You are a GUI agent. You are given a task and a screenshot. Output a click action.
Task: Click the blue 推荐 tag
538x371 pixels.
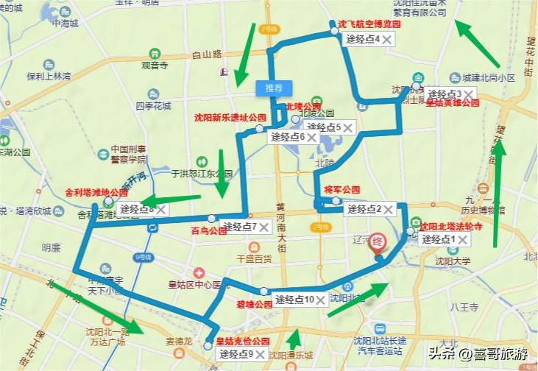point(274,88)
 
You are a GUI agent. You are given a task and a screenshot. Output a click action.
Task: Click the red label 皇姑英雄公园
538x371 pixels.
point(453,104)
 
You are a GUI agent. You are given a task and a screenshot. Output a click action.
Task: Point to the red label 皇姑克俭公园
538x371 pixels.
point(243,342)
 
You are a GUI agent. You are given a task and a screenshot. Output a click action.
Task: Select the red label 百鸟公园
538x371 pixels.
point(208,230)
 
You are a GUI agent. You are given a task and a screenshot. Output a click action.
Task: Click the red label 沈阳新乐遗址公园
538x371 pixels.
point(230,117)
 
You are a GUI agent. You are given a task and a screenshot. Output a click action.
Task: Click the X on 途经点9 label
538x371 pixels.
point(260,355)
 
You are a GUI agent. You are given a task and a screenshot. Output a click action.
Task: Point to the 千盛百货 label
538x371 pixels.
point(254,258)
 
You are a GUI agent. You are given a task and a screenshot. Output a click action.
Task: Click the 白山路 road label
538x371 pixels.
point(206,54)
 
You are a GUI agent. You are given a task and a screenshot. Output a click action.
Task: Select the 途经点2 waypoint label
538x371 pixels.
point(364,209)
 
